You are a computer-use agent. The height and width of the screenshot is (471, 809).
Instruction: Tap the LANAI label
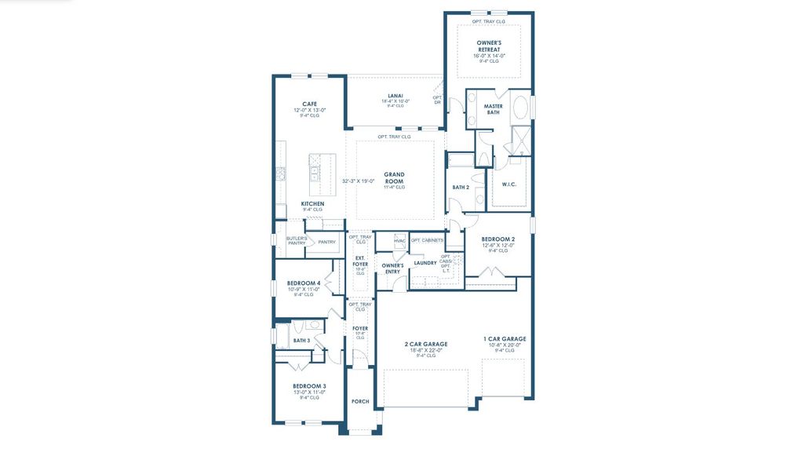click(x=395, y=96)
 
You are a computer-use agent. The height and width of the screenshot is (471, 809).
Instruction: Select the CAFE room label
click(x=309, y=104)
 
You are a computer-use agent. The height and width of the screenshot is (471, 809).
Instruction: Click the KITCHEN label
click(x=312, y=204)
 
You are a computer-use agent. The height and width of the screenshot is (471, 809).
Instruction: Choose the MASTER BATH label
click(x=493, y=109)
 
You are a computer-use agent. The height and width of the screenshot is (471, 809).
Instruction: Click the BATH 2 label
click(x=461, y=188)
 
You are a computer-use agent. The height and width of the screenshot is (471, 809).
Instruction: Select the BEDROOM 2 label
click(x=498, y=239)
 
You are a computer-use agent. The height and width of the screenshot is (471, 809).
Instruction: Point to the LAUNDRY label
click(x=425, y=263)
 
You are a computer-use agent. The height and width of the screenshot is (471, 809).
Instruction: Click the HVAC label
click(x=399, y=240)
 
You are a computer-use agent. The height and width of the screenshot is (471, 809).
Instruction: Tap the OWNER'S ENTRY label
click(x=392, y=268)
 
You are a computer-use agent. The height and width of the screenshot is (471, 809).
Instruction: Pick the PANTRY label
click(x=326, y=242)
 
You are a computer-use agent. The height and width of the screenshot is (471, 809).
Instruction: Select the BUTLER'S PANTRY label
click(x=296, y=240)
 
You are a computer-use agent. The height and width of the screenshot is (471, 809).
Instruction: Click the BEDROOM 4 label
click(x=303, y=283)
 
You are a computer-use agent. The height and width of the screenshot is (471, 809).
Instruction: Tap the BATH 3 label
click(x=301, y=341)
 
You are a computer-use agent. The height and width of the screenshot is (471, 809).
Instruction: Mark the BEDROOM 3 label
click(x=309, y=386)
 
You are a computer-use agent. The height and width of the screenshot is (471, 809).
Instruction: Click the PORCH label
click(x=360, y=401)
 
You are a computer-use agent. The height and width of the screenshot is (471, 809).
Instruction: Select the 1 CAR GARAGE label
click(x=505, y=339)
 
